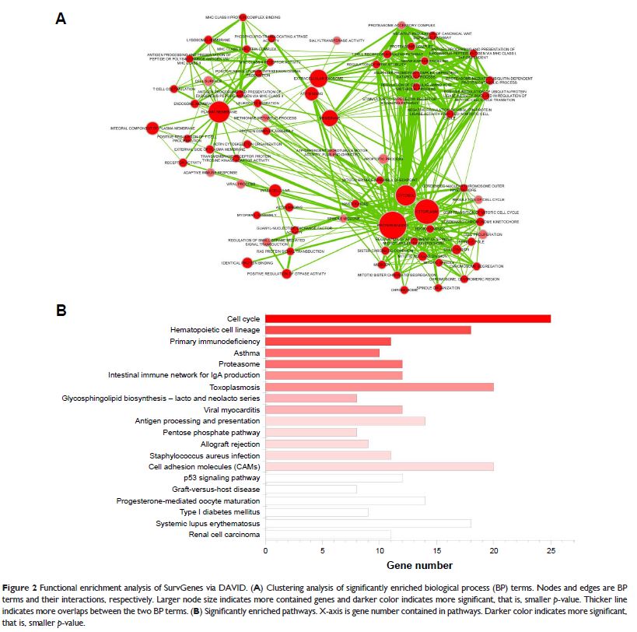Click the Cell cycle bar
tap(408, 318)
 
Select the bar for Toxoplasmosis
tap(379, 386)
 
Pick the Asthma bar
tap(322, 353)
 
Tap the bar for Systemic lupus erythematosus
tap(368, 523)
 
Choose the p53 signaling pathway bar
tap(334, 477)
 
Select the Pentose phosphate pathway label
tap(211, 432)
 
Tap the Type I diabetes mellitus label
tap(219, 512)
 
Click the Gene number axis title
tap(419, 565)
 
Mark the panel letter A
tap(61, 18)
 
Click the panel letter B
tap(61, 310)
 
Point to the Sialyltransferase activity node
tap(338, 39)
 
